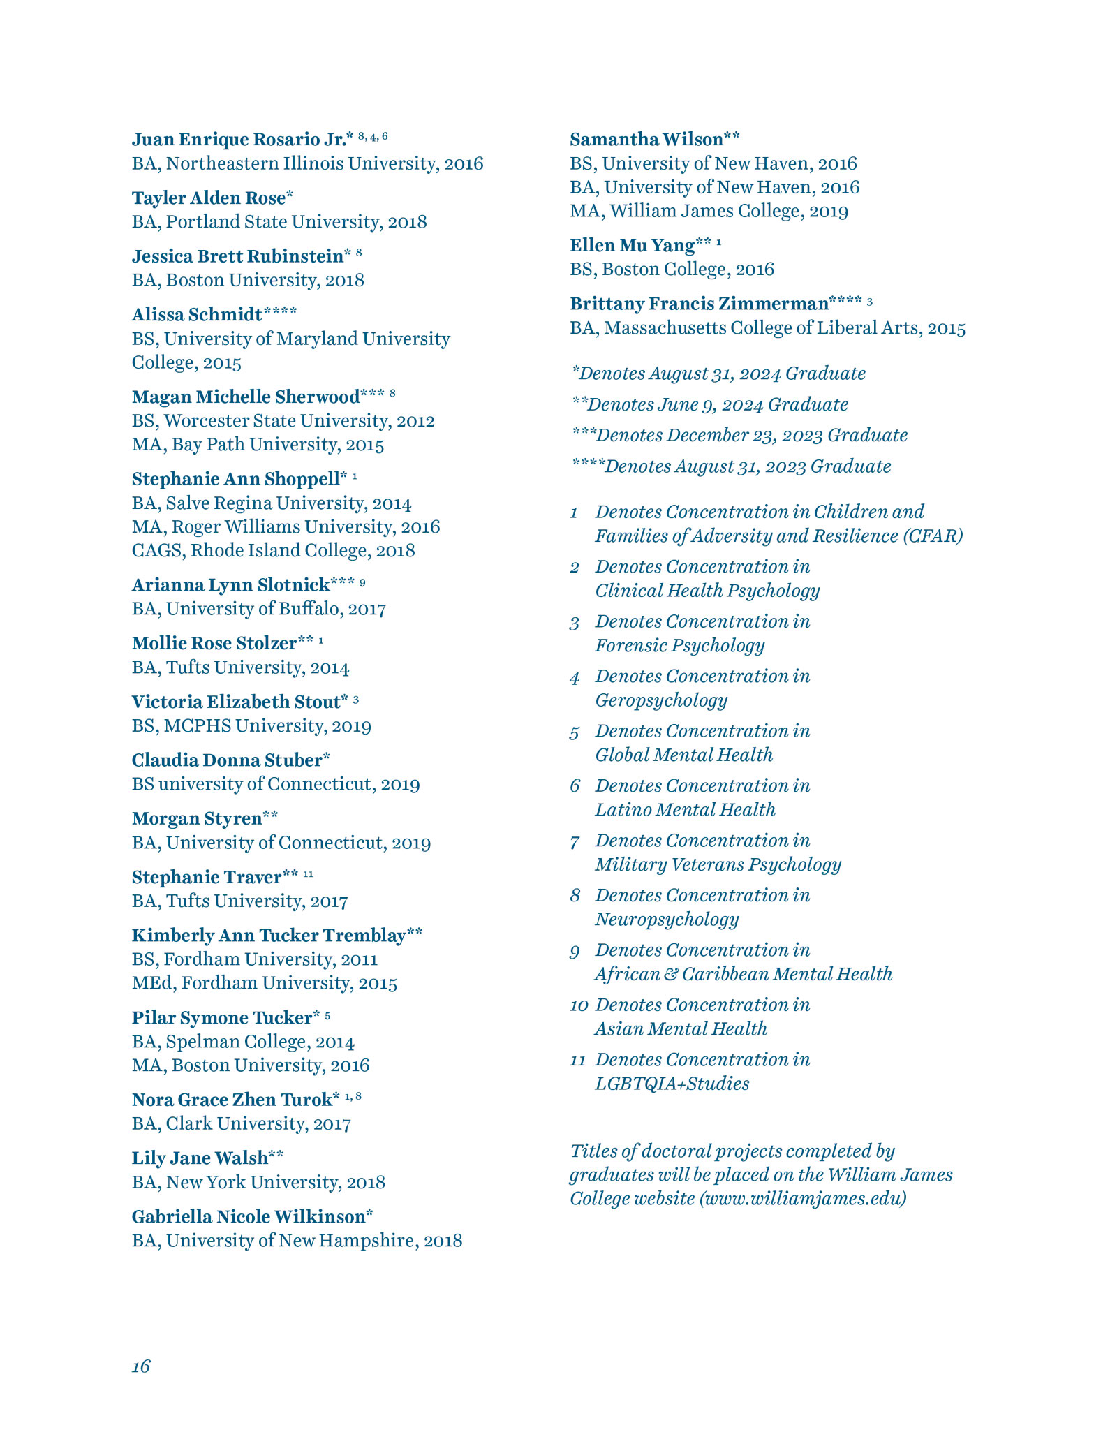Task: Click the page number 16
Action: pos(141,1366)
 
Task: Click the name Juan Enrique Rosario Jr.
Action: pos(239,140)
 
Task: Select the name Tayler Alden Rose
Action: pos(209,198)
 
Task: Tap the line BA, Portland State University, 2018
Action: pos(279,222)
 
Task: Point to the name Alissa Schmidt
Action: pos(197,315)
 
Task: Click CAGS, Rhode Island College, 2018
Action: pos(273,550)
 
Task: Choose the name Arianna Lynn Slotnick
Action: pos(230,584)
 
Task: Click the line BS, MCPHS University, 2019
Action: pos(251,726)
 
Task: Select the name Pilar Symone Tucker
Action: pos(221,1018)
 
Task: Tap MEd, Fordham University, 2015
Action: pos(264,983)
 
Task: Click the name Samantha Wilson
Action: pos(646,140)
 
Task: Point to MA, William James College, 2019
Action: pos(709,211)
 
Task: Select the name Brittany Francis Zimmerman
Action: pos(699,304)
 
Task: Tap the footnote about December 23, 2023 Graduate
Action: pos(739,436)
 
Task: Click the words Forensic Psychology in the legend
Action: pos(679,645)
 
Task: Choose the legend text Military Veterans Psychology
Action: pos(718,864)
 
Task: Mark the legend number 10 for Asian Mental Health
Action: pos(579,1005)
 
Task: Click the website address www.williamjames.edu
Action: pos(803,1198)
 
